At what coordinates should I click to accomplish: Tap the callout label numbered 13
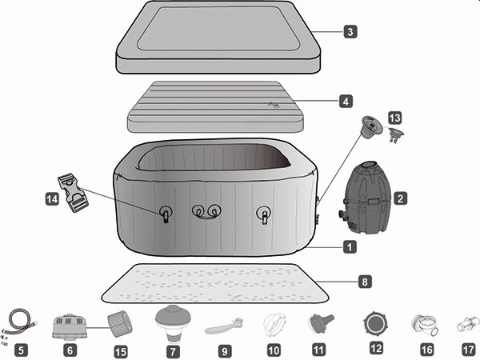pos(394,118)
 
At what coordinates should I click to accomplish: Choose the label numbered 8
pos(365,282)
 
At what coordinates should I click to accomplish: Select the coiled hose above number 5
pos(21,325)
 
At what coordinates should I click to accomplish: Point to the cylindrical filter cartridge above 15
pos(121,323)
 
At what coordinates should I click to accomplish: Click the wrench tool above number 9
pos(225,326)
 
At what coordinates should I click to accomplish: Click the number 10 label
pos(274,349)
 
